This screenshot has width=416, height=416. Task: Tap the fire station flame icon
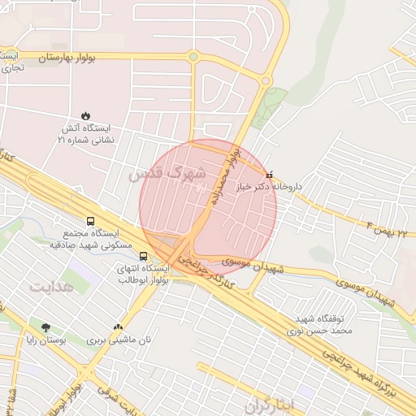coord(85,115)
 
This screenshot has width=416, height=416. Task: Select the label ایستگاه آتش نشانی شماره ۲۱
coord(86,134)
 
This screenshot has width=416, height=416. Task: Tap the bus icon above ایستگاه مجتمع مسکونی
coord(89,221)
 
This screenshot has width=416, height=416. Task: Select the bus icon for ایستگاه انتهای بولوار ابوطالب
coord(144,257)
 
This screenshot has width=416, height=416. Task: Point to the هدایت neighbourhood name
coord(52,287)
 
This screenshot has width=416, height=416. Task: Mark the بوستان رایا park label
coord(46,340)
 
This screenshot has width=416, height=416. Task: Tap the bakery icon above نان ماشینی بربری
coord(119,327)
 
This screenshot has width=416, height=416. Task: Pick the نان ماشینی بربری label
coord(119,340)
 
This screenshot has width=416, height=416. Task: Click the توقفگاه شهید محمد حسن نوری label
coord(321,326)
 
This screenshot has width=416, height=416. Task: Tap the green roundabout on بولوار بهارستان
coord(193,57)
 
